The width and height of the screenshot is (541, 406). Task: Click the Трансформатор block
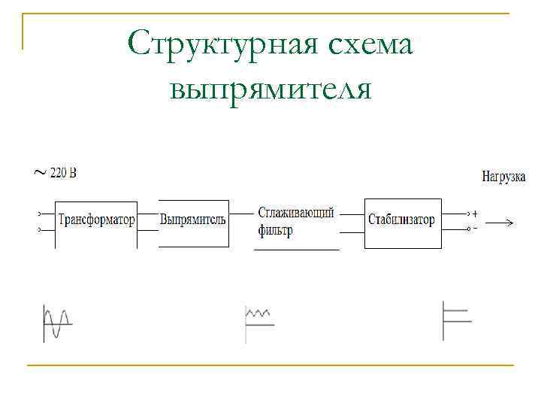pyautogui.click(x=96, y=220)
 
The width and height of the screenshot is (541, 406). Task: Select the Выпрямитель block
pyautogui.click(x=193, y=220)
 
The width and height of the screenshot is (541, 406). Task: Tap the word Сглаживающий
pyautogui.click(x=295, y=213)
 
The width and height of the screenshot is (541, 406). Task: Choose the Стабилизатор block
pyautogui.click(x=401, y=220)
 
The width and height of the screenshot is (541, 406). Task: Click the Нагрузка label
pyautogui.click(x=503, y=177)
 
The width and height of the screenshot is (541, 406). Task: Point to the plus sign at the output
pyautogui.click(x=475, y=213)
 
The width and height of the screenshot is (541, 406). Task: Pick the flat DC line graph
pyautogui.click(x=456, y=320)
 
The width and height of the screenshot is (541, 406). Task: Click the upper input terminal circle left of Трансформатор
pyautogui.click(x=39, y=214)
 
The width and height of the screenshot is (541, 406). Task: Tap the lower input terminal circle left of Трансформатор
pyautogui.click(x=39, y=229)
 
